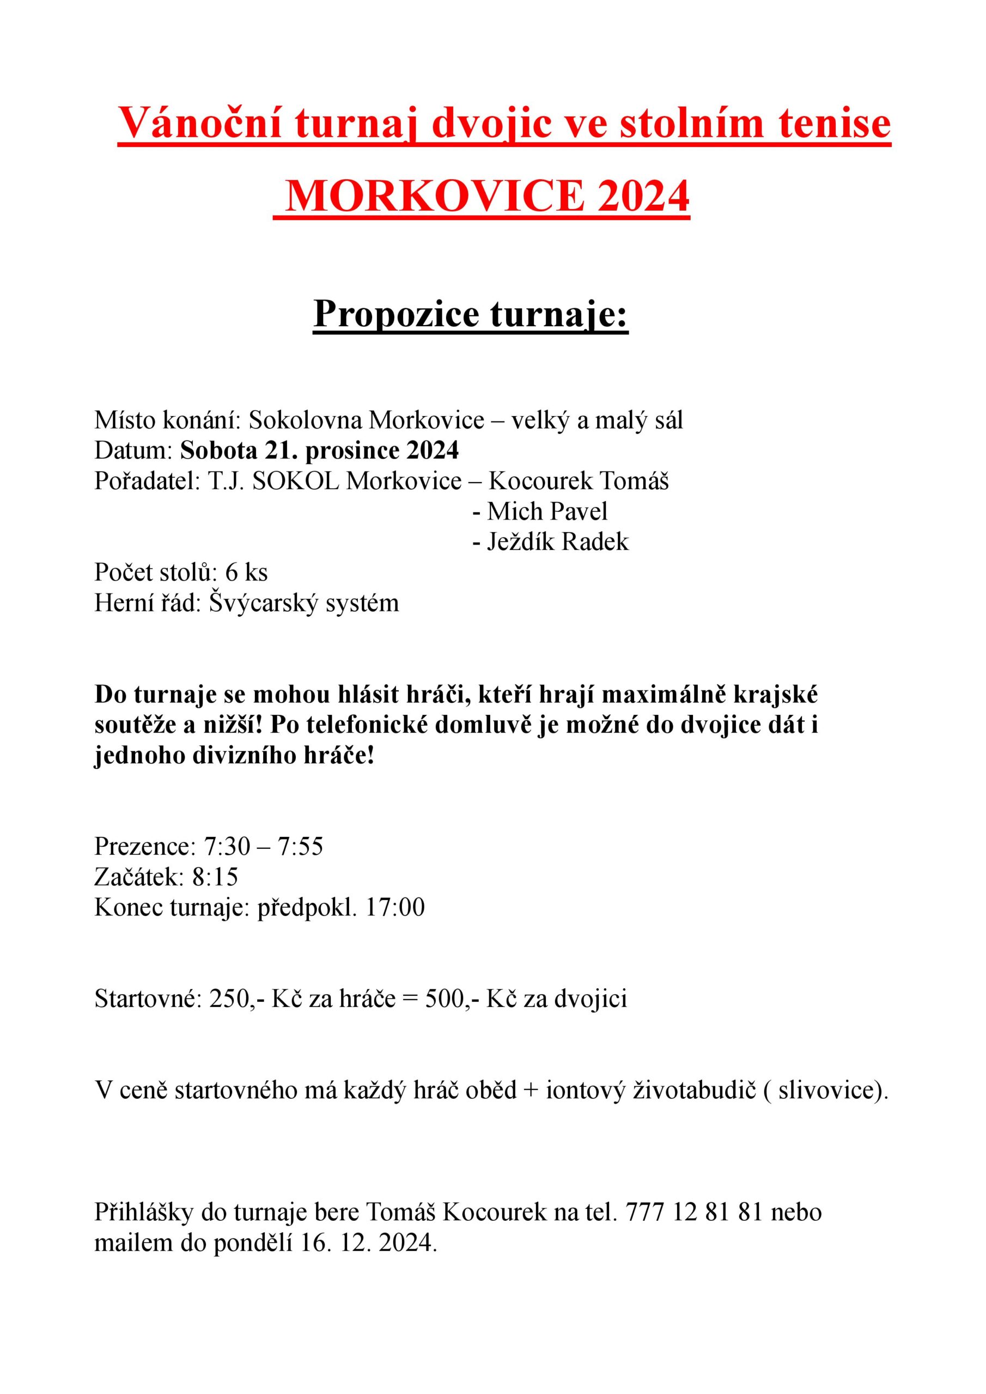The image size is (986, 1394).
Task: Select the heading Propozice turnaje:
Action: click(x=471, y=315)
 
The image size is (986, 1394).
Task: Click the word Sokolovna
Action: click(x=306, y=420)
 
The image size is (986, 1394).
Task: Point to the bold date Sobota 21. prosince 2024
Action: click(x=320, y=450)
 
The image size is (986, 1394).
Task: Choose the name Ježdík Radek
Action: click(x=557, y=542)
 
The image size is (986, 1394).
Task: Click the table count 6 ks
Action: click(x=246, y=572)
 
